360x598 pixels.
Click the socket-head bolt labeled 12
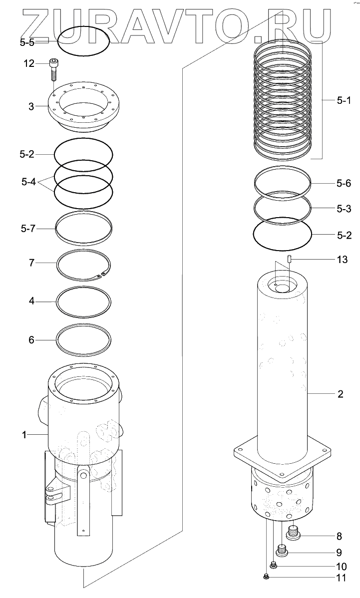point(53,69)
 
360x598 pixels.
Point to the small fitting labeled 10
point(273,565)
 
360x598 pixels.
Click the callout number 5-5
point(27,43)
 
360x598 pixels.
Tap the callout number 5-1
point(343,101)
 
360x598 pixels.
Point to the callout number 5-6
point(343,184)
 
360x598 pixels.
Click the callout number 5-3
point(343,209)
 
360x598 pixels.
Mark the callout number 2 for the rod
point(340,394)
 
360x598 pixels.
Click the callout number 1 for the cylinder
point(23,435)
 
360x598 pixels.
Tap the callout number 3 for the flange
point(31,106)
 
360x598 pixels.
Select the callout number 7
point(31,263)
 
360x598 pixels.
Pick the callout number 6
point(31,340)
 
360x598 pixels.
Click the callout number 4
point(31,301)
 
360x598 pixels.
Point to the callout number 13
point(343,260)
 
